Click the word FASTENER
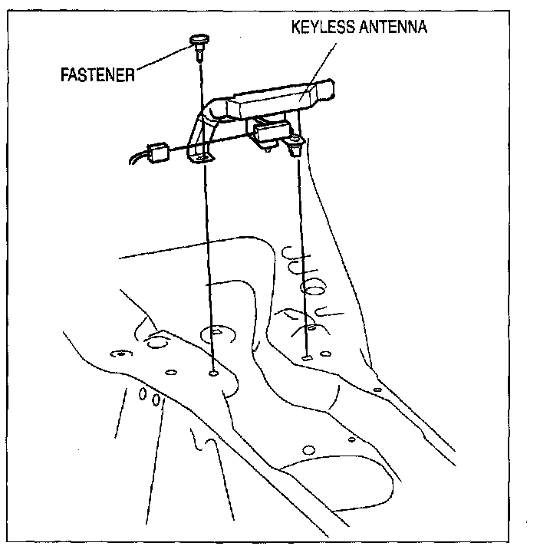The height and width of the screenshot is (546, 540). click(x=98, y=76)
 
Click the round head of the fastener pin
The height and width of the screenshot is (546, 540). click(x=198, y=39)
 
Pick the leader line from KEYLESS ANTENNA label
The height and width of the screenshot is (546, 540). click(x=323, y=65)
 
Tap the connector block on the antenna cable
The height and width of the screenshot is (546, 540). click(x=160, y=152)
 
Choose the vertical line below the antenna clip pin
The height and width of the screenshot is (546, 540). click(x=301, y=253)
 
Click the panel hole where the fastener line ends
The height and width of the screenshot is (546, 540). click(x=213, y=374)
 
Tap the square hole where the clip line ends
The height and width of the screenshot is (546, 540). click(x=306, y=357)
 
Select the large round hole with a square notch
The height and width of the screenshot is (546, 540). click(x=215, y=334)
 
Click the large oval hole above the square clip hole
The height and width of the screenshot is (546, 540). click(x=312, y=288)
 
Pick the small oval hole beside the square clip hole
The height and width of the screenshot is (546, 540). click(x=327, y=354)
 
